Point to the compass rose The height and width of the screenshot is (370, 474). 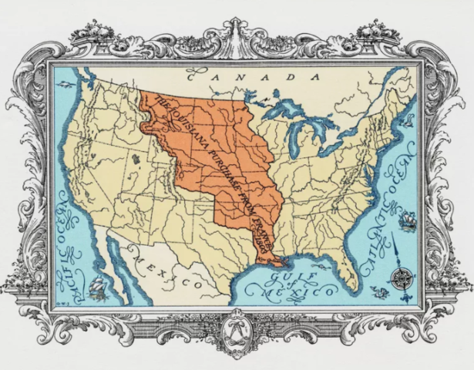pos(400,276)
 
